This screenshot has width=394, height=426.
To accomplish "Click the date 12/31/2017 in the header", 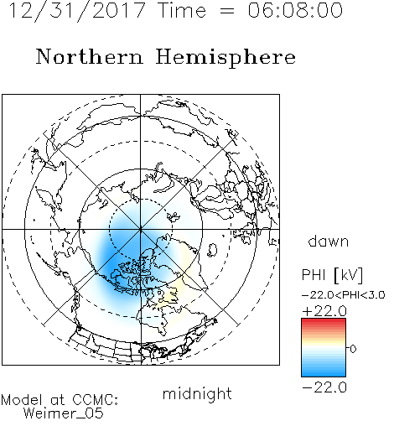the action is point(77,10).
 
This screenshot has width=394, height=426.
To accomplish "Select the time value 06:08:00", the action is point(295,10).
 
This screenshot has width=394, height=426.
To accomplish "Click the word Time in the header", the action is point(182,10).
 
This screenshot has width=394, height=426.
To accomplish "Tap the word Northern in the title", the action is point(90,56).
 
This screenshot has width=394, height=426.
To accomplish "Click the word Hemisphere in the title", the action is point(226,58).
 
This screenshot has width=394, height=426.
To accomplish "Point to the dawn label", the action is point(329,241).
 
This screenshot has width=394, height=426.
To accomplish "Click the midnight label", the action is point(197,393).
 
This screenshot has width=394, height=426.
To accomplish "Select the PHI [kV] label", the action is point(332,275).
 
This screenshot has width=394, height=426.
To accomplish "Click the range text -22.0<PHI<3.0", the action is point(344,295).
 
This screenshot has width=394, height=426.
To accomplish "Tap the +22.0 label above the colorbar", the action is point(324,311).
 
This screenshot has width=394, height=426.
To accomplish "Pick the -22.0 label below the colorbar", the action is point(324,387).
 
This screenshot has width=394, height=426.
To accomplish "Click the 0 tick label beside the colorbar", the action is point(353,349).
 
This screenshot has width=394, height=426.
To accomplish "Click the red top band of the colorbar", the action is point(324,322).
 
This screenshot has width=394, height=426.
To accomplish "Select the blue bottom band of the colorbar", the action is point(324,372).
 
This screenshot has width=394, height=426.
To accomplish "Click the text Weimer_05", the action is point(64,413).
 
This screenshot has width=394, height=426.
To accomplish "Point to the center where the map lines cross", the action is point(141,229).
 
